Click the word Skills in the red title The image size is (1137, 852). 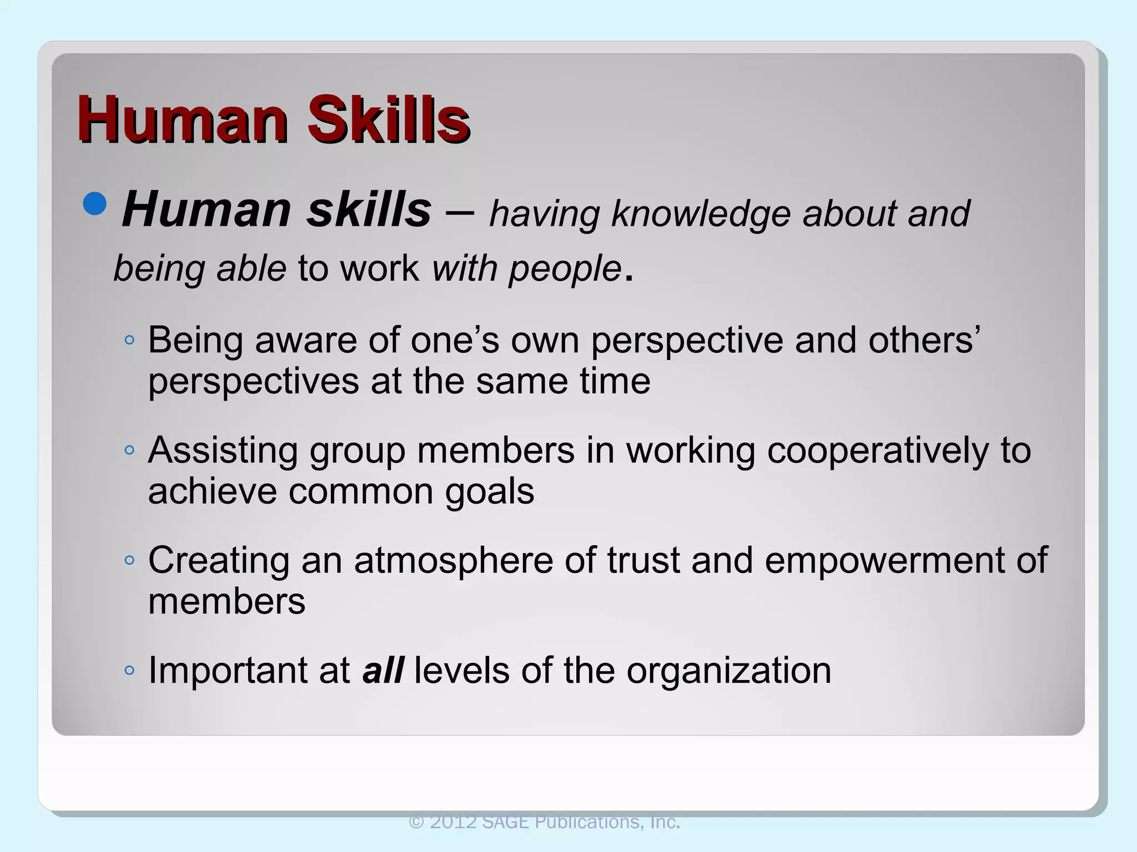coord(389,119)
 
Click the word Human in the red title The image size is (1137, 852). coord(183,119)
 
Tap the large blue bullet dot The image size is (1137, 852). coord(95,204)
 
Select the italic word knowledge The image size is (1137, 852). coord(700,214)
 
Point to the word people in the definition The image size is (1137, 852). coord(565,268)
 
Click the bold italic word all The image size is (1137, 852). coord(383,670)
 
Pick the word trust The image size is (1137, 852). coord(643,560)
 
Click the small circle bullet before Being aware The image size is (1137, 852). coord(129,340)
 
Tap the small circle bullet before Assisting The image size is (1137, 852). coord(129,450)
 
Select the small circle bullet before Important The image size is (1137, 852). coord(129,671)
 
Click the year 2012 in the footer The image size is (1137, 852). coord(454,822)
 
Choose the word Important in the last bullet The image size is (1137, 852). coord(227,671)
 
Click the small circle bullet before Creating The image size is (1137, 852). coord(129,560)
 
